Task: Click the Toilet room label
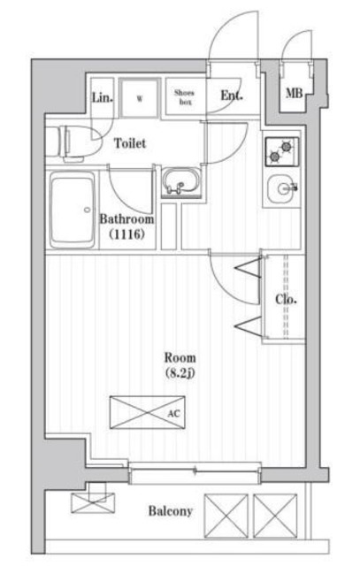tap(130, 143)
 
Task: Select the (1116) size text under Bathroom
tap(127, 234)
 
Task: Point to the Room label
tap(180, 357)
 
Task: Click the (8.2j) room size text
tap(180, 373)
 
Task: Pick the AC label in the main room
tap(173, 414)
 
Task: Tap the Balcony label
tap(171, 511)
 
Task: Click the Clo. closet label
tap(286, 299)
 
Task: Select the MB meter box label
tap(295, 94)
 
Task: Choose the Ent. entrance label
tap(232, 96)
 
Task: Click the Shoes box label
tap(185, 97)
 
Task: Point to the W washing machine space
tap(140, 98)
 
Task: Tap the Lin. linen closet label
tap(103, 97)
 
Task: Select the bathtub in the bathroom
tap(73, 210)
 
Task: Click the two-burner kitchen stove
tap(282, 151)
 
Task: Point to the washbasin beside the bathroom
tap(180, 181)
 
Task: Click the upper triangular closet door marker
tap(249, 267)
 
